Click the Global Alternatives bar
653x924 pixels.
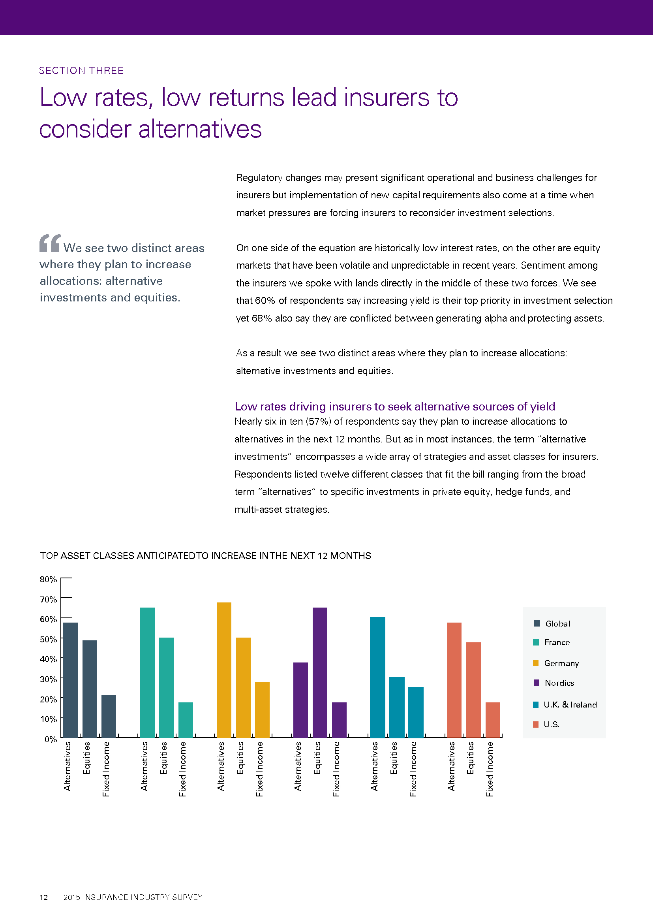[x=70, y=680]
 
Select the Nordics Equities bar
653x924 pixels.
[x=320, y=672]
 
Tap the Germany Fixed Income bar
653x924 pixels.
[x=262, y=709]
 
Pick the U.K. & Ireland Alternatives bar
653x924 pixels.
[x=377, y=677]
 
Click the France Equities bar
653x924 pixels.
[x=167, y=687]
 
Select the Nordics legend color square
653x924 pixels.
[x=536, y=683]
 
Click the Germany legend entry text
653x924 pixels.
[x=561, y=663]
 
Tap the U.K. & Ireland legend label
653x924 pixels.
[x=570, y=705]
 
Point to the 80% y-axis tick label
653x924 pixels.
[x=48, y=579]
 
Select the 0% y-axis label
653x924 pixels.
[x=51, y=739]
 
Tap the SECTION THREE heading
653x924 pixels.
[x=81, y=70]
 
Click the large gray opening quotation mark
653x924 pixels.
[x=50, y=243]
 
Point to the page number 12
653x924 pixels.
[x=43, y=897]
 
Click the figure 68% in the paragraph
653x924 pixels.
[x=262, y=318]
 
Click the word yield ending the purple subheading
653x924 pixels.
[x=542, y=407]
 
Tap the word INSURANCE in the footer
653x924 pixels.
[x=105, y=897]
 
